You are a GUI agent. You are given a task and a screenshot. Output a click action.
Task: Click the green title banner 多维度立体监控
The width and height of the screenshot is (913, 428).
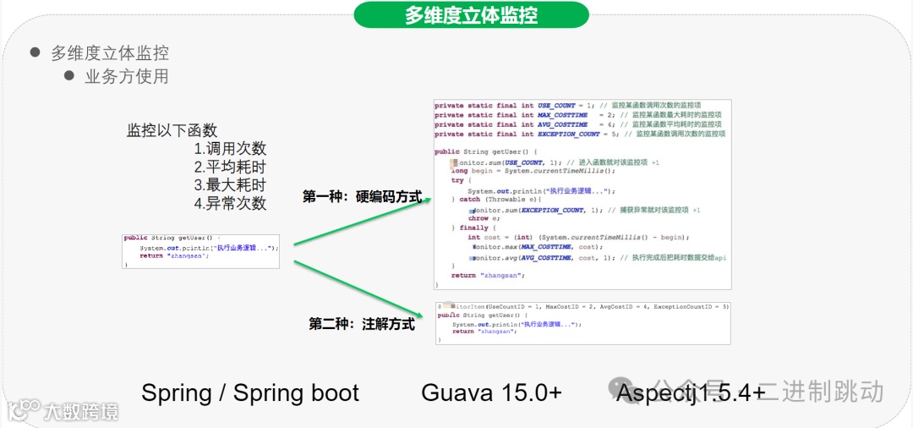[x=471, y=14]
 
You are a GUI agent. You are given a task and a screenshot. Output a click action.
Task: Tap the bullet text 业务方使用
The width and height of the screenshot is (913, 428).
[x=127, y=76]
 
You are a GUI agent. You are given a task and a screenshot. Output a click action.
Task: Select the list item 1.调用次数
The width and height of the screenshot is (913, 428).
[x=230, y=148]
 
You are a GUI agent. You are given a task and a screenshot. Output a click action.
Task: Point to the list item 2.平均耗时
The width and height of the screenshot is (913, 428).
[x=230, y=167]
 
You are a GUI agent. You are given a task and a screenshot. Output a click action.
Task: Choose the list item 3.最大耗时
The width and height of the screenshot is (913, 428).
[x=230, y=184]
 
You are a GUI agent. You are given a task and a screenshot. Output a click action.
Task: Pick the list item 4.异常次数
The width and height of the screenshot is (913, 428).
[x=230, y=203]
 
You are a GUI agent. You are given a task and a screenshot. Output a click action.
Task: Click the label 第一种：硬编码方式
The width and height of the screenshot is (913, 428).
[x=362, y=196]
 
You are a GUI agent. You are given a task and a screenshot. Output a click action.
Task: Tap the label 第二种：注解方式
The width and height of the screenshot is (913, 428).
[x=362, y=323]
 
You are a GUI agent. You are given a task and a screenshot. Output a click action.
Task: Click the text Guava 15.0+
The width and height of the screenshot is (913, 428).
[x=491, y=392]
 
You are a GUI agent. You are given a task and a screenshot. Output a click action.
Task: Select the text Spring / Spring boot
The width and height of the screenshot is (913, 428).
[x=250, y=392]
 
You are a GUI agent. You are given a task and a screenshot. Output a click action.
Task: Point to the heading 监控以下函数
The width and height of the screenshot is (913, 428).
[x=172, y=130]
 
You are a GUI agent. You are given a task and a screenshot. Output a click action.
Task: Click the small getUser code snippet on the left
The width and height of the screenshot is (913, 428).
[x=200, y=251]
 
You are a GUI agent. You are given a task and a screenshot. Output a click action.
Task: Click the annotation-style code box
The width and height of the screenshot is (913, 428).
[x=583, y=322]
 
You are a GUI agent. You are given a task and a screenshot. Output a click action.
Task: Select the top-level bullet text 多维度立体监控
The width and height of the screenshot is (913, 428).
[x=110, y=52]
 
